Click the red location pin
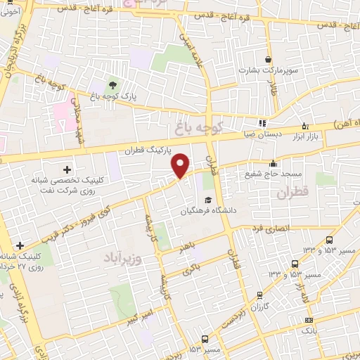(x=181, y=165)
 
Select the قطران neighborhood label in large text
(x=293, y=192)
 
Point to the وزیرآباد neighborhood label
(x=124, y=252)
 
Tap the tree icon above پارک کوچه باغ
(x=112, y=84)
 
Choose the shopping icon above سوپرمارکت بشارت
(x=268, y=60)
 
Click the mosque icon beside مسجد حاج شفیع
(x=274, y=163)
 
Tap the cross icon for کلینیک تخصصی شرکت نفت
(x=67, y=169)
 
